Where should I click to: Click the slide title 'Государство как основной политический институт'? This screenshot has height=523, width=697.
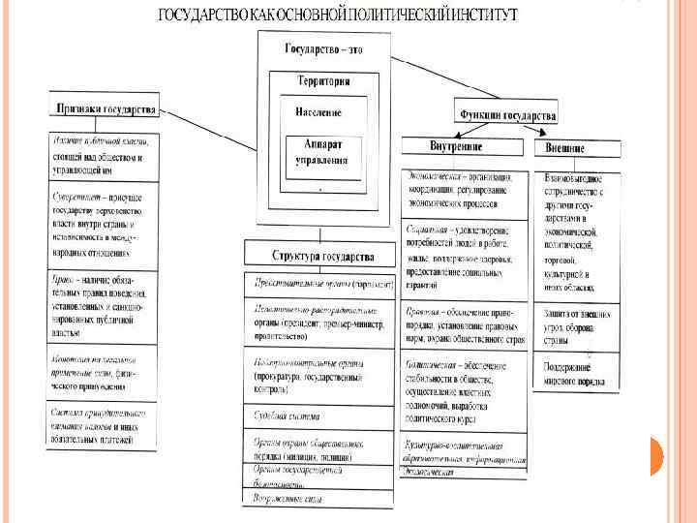click(337, 15)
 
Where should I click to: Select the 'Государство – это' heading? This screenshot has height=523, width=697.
click(323, 49)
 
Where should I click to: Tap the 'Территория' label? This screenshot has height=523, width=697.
click(323, 82)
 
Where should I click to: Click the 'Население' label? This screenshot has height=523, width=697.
click(318, 112)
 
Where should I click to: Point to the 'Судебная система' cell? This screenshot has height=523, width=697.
click(318, 418)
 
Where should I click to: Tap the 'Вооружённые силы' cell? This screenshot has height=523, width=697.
click(318, 498)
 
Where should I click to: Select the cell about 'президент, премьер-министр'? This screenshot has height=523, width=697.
click(318, 321)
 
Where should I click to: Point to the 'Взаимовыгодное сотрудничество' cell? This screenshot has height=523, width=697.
click(576, 232)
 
